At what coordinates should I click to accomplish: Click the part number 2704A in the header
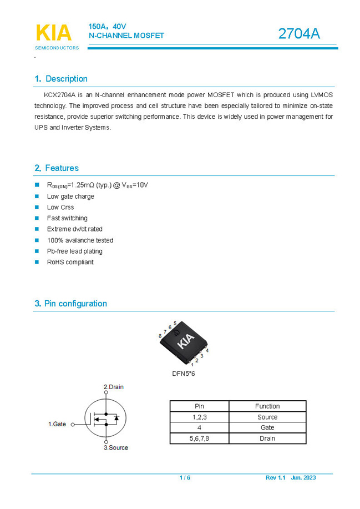point(299,34)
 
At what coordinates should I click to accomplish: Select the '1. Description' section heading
point(61,79)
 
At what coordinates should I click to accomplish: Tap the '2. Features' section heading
point(57,168)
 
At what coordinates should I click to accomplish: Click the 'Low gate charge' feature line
point(70,196)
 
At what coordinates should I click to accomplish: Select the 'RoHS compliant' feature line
point(70,262)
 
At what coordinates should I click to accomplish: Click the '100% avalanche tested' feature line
point(80,240)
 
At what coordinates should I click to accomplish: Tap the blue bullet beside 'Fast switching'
point(37,218)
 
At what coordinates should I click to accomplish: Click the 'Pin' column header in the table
point(199,406)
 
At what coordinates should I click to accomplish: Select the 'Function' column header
point(267,406)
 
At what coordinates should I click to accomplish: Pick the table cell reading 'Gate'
point(267,427)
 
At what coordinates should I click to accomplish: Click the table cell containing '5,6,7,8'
point(199,439)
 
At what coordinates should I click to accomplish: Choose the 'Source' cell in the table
point(267,417)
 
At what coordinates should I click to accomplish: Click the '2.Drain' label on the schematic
point(114,387)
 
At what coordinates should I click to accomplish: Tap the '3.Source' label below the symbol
point(115,447)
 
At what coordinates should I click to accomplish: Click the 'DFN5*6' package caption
point(184,374)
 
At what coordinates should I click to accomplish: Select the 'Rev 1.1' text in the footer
point(275,478)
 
